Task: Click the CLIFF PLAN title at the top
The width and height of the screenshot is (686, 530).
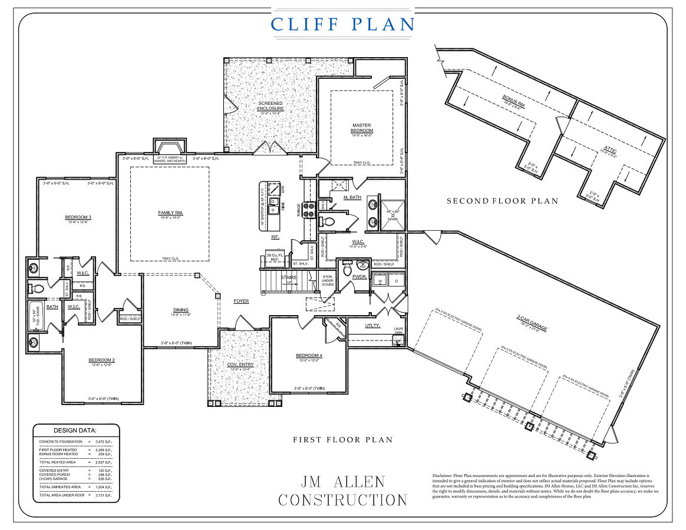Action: [x=342, y=24]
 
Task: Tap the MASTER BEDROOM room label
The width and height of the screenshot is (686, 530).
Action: [x=362, y=128]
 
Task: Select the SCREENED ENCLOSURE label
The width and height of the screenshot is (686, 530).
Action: [x=271, y=106]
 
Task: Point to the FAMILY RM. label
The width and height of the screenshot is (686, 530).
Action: [x=169, y=213]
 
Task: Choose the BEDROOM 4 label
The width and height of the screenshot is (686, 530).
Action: [x=309, y=356]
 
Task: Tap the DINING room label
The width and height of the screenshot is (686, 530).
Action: [x=180, y=310]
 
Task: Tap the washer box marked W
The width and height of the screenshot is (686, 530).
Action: [x=380, y=281]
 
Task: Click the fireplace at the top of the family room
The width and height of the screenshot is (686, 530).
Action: [x=170, y=148]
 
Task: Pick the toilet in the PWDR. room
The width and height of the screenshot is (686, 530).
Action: [x=346, y=269]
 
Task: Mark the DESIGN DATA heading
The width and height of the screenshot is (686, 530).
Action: [x=75, y=430]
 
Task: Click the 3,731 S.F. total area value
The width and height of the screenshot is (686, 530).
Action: [x=102, y=495]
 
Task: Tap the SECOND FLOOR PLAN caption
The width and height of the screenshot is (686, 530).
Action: [x=502, y=201]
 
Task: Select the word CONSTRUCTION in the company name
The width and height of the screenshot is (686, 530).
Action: [x=342, y=500]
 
